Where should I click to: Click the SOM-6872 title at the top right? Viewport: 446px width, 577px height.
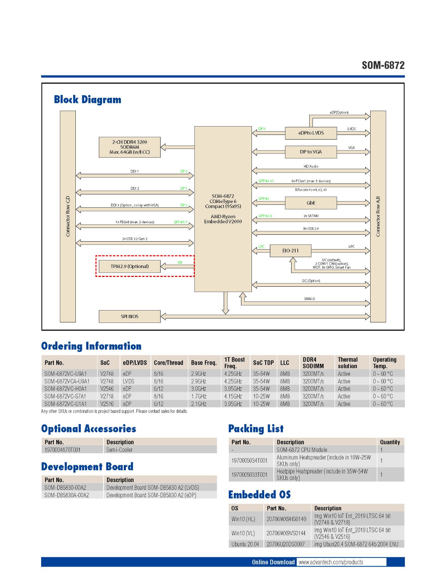[x=383, y=65]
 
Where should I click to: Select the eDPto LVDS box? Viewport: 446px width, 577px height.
[x=311, y=133]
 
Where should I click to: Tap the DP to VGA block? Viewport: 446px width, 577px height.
[x=311, y=152]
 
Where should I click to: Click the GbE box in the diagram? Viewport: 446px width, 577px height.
[x=311, y=203]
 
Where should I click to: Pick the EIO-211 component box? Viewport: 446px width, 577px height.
[x=290, y=251]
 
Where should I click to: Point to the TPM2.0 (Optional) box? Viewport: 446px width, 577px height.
[x=130, y=267]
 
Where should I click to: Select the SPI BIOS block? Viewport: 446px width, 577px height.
[x=130, y=317]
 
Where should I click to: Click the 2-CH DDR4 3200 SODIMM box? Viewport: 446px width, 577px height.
[x=130, y=147]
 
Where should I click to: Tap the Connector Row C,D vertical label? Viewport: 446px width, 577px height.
[x=68, y=216]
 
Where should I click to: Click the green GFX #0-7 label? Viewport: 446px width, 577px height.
[x=180, y=222]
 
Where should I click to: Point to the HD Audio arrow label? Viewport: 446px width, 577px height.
[x=311, y=167]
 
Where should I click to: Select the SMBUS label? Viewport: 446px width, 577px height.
[x=309, y=299]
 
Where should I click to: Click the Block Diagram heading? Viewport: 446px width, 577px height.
[x=88, y=100]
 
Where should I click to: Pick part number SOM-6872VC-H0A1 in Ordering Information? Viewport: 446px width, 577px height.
[x=66, y=389]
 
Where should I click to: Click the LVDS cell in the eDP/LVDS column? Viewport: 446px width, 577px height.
[x=128, y=381]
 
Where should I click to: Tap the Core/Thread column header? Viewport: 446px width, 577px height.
[x=168, y=363]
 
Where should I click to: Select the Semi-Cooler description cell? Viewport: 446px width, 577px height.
[x=119, y=450]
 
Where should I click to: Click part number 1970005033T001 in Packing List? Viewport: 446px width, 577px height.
[x=249, y=475]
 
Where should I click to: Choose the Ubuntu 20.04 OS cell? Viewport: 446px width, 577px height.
[x=245, y=544]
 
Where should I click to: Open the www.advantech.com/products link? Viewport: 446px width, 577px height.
[x=331, y=562]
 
